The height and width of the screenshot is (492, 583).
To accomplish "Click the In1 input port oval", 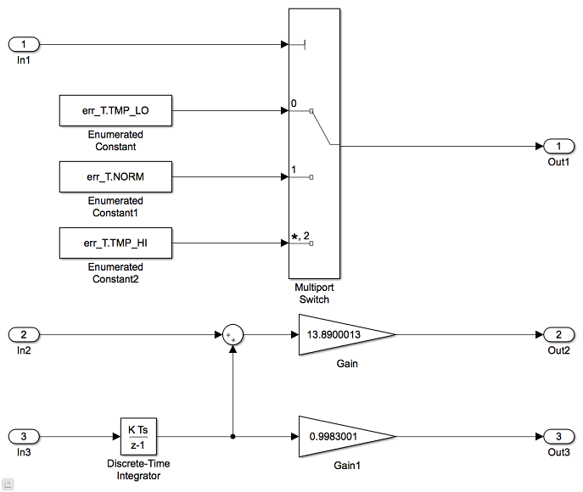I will [x=25, y=43].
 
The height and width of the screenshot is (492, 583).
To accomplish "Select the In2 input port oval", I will [x=25, y=335].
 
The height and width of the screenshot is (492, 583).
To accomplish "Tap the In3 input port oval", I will [x=25, y=436].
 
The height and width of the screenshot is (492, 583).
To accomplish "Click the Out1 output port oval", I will [x=558, y=146].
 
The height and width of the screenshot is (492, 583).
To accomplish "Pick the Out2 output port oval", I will [x=558, y=335].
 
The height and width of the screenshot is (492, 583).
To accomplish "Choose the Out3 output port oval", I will [x=558, y=436].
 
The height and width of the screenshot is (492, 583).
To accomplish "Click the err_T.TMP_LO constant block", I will [x=115, y=109].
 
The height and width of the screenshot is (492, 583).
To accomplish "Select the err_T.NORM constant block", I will [x=115, y=177].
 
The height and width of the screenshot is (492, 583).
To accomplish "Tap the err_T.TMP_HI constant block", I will [x=115, y=243].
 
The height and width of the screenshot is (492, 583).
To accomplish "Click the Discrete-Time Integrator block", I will [x=138, y=436].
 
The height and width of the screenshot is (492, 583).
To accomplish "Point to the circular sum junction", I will [x=233, y=336].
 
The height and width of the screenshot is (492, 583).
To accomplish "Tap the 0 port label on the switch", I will [x=294, y=104].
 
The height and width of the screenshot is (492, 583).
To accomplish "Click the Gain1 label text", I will [x=346, y=467].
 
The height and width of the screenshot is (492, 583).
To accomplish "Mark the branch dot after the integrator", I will [x=233, y=436].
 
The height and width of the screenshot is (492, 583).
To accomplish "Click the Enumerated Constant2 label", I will [x=115, y=273].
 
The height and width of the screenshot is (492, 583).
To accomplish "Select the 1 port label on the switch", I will [x=294, y=171].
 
